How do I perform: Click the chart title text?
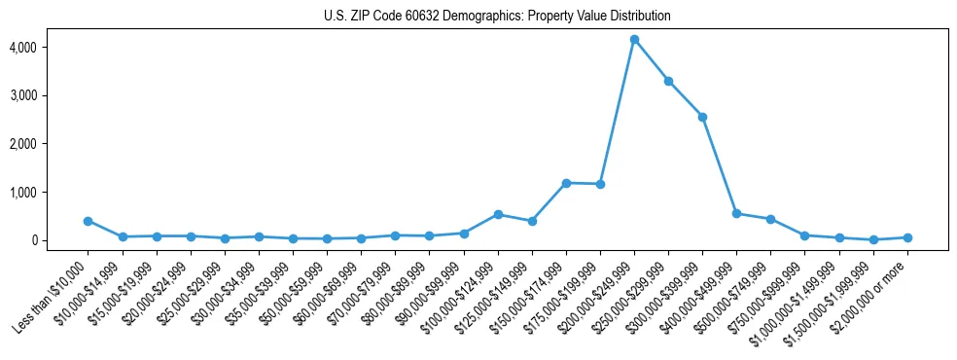[x=497, y=17]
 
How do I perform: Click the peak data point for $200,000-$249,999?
[x=634, y=40]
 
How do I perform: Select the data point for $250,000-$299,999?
[x=668, y=81]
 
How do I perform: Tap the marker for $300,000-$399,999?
[x=702, y=117]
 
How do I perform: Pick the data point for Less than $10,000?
[x=88, y=221]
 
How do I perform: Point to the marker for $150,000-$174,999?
[x=566, y=183]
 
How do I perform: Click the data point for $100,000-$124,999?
[x=498, y=214]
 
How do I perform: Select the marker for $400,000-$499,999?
[x=736, y=213]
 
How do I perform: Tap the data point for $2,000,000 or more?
[x=907, y=237]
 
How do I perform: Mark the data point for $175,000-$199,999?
[x=600, y=184]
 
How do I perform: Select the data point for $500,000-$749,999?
[x=770, y=219]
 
